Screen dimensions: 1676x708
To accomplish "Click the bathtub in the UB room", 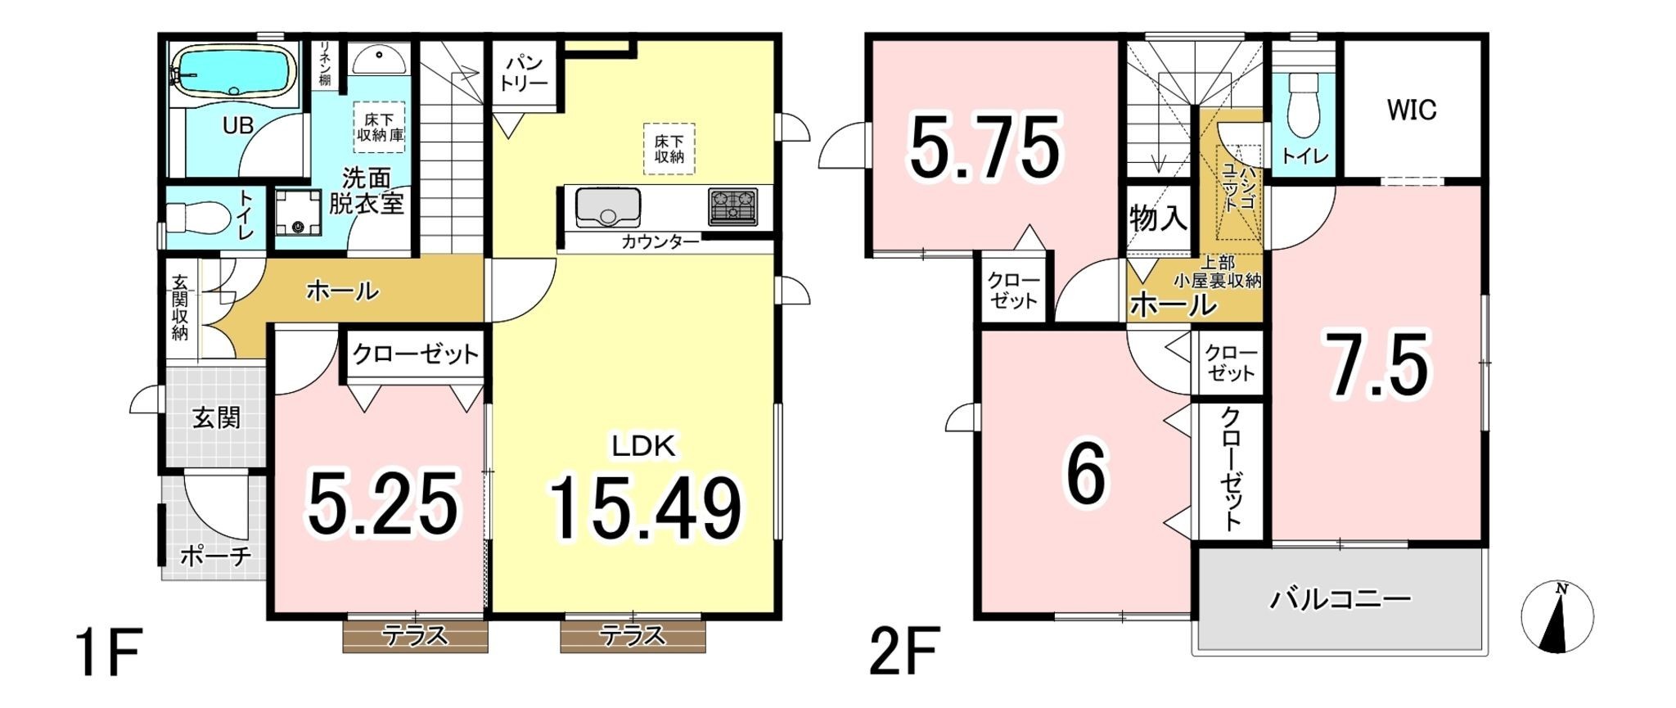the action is (x=233, y=74).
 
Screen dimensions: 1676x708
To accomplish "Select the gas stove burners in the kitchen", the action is (x=733, y=205).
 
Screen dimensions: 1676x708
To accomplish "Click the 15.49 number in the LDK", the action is (x=646, y=508).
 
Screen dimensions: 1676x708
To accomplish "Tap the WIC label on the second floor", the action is (x=1412, y=110).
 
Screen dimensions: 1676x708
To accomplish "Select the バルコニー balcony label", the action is (x=1340, y=600).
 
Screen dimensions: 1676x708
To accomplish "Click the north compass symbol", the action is (x=1557, y=616).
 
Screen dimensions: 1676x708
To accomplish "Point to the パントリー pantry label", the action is (x=525, y=73).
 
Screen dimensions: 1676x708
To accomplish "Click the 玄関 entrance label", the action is (x=217, y=417).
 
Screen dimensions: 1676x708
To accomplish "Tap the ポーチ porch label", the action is (x=215, y=557).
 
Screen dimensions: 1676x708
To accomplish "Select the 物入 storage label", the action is (x=1158, y=219).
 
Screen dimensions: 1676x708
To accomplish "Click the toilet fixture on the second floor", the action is (x=1304, y=107).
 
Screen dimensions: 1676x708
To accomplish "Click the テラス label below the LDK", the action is (x=633, y=635).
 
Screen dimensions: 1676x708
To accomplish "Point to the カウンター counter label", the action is (x=660, y=241).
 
